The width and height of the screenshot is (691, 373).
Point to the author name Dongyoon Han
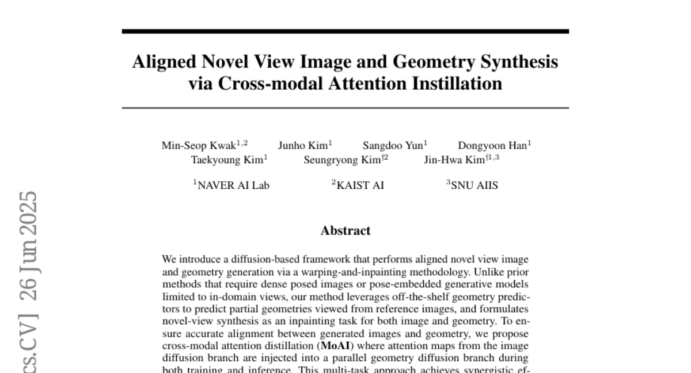(492, 146)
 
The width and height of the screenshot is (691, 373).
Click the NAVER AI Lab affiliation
(233, 185)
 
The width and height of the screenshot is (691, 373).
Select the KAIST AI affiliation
(360, 185)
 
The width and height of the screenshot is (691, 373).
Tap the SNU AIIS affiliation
(474, 185)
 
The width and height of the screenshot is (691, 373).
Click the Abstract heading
(345, 231)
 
